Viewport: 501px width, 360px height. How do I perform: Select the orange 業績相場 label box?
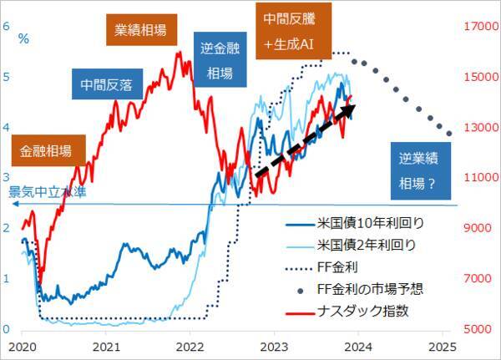pyautogui.click(x=141, y=31)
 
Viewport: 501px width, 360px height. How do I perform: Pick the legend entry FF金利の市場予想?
pyautogui.click(x=371, y=290)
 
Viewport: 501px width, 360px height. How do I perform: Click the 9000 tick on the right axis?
pyautogui.click(x=475, y=228)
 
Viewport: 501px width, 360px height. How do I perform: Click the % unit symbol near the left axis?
pyautogui.click(x=23, y=38)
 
